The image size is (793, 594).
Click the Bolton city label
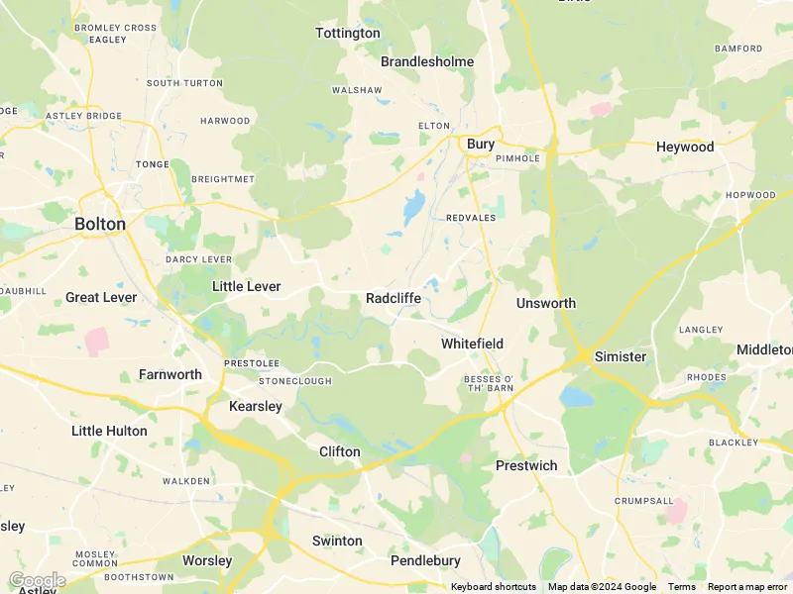tap(100, 224)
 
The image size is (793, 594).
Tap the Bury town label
tap(481, 145)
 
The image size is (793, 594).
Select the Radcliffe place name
tap(394, 298)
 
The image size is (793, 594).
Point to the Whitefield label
tap(472, 344)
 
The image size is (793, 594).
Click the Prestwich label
tap(526, 465)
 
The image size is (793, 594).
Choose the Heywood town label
tap(685, 147)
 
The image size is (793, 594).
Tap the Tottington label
tap(347, 33)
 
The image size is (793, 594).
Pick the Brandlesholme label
tap(427, 61)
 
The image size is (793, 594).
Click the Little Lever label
tap(247, 286)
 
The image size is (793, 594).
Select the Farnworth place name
tap(170, 374)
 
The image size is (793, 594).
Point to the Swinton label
tap(337, 541)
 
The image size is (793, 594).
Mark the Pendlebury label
tap(425, 560)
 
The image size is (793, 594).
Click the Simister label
tap(621, 356)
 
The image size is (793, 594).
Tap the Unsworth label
tap(546, 303)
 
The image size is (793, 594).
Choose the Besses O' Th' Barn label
tap(489, 383)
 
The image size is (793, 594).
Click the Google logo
tap(37, 579)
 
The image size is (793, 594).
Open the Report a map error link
tap(747, 587)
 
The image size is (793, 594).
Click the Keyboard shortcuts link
tap(494, 587)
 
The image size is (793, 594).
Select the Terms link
tap(682, 587)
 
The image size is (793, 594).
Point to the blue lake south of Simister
tap(576, 397)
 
